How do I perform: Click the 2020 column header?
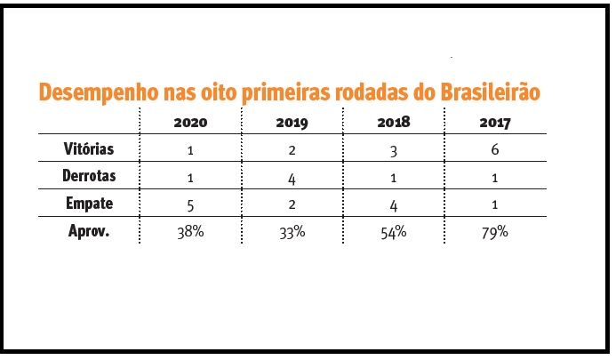pos(191,123)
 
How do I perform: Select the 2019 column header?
pos(292,123)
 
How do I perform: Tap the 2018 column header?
pos(393,123)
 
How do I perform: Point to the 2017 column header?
pos(493,123)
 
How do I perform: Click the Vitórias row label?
pos(91,148)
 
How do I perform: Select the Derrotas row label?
pos(91,176)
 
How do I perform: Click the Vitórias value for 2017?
pos(494,149)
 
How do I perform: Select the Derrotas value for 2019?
pos(292,177)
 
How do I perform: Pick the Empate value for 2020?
pos(191,204)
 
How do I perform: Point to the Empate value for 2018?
pos(393,204)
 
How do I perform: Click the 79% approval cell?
pos(494,232)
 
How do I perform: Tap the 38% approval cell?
pos(191,232)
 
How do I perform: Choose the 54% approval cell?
pos(393,232)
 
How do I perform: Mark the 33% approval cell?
pos(292,232)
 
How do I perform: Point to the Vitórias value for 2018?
pos(393,149)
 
